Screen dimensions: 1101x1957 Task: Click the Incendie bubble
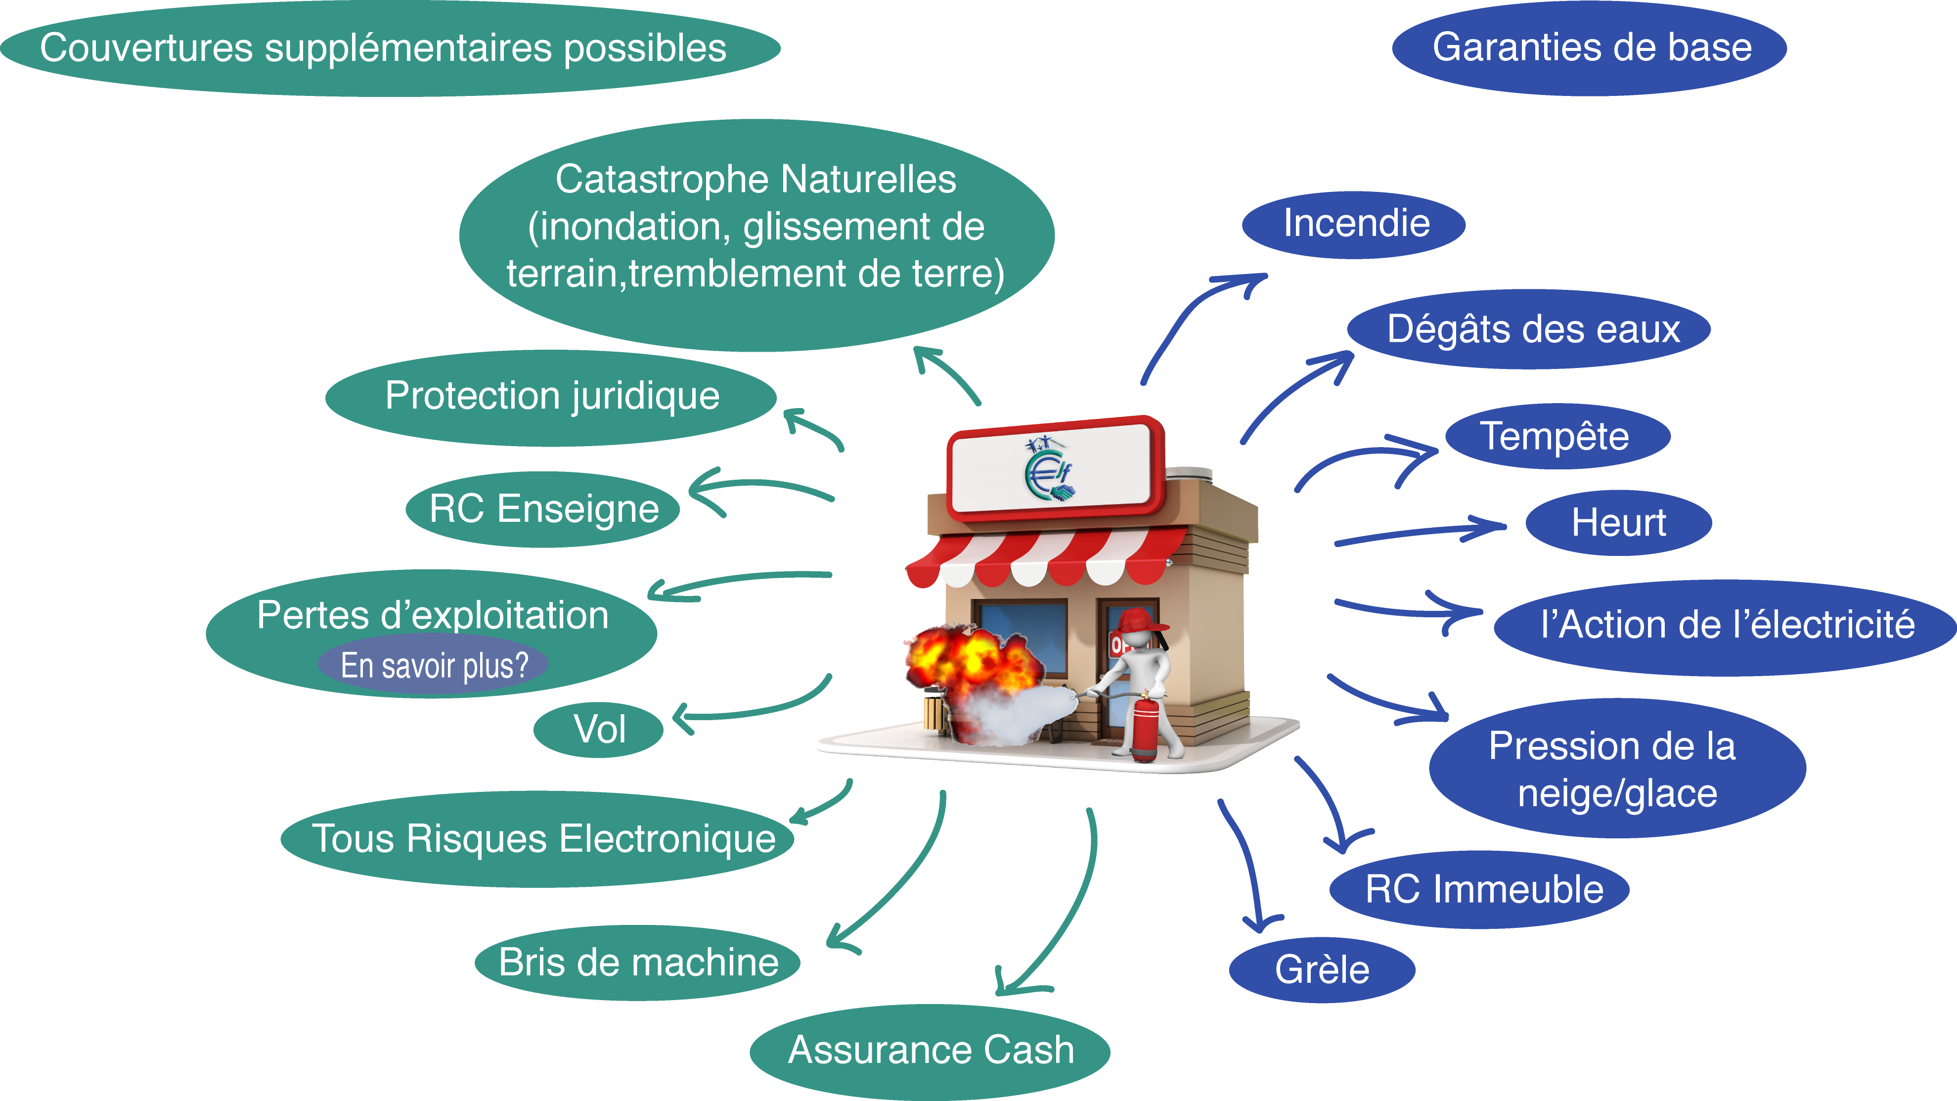1354,224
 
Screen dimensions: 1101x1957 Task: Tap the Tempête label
1557,436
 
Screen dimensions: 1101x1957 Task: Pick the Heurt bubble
1618,523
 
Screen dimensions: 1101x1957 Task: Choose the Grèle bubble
1322,969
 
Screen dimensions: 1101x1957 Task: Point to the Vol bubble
599,730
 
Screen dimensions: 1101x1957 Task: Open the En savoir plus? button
433,666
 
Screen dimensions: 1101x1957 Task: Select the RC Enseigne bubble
543,508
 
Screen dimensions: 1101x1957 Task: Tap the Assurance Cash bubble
930,1050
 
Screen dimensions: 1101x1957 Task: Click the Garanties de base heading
1590,48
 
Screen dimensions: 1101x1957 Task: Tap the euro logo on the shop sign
1048,471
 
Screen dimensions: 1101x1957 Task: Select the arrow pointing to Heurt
1421,532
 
